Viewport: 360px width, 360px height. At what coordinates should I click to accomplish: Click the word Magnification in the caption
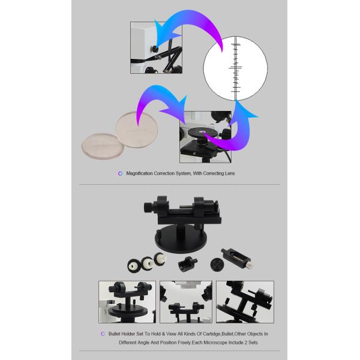(x=139, y=173)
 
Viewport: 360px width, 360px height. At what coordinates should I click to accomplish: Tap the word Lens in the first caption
(x=230, y=173)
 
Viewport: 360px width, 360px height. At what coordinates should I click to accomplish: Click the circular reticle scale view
(x=235, y=68)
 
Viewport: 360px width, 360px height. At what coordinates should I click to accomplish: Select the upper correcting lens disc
(x=137, y=130)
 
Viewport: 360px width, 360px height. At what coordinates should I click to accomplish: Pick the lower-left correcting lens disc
(x=103, y=146)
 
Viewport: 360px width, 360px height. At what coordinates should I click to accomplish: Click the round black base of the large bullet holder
(x=181, y=239)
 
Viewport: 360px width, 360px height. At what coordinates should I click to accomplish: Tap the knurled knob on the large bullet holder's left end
(x=147, y=208)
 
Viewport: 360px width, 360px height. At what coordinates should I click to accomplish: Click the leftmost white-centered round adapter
(x=134, y=266)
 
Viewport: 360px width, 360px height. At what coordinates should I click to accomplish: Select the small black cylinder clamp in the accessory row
(x=187, y=264)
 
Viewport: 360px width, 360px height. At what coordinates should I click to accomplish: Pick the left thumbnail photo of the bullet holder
(x=127, y=302)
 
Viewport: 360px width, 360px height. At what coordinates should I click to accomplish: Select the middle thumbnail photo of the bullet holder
(x=186, y=302)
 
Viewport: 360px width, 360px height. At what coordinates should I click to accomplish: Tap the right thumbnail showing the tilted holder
(x=245, y=302)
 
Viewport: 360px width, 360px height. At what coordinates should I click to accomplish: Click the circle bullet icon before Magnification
(x=121, y=173)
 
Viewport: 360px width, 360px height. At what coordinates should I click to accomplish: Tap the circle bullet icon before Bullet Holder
(x=103, y=334)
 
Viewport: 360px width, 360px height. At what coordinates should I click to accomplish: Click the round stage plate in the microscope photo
(x=202, y=133)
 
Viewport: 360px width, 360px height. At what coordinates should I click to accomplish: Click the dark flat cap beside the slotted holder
(x=217, y=265)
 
